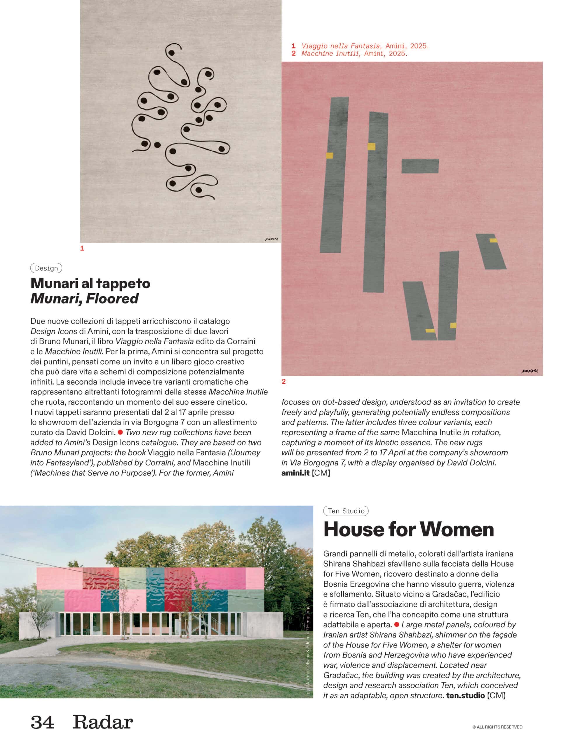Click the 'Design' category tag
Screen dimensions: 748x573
pyautogui.click(x=46, y=268)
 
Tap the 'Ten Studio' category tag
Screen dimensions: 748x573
pyautogui.click(x=346, y=511)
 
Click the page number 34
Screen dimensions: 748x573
pyautogui.click(x=42, y=722)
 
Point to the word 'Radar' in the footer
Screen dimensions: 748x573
pyautogui.click(x=103, y=722)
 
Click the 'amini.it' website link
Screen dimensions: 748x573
pyautogui.click(x=295, y=473)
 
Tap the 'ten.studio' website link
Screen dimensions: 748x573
pyautogui.click(x=465, y=695)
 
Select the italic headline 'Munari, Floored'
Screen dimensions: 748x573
pyautogui.click(x=85, y=299)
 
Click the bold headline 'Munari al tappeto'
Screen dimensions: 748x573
pyautogui.click(x=90, y=283)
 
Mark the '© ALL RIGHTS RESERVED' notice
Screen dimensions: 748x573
pyautogui.click(x=497, y=727)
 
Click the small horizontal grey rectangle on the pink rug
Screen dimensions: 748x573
pyautogui.click(x=420, y=166)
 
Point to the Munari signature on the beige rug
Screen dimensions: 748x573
pyautogui.click(x=271, y=239)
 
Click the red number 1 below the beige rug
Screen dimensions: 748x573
pyautogui.click(x=82, y=249)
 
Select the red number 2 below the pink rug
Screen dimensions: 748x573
pyautogui.click(x=283, y=381)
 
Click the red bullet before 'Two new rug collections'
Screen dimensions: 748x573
pyautogui.click(x=120, y=432)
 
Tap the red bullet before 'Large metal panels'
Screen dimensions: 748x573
pyautogui.click(x=396, y=624)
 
